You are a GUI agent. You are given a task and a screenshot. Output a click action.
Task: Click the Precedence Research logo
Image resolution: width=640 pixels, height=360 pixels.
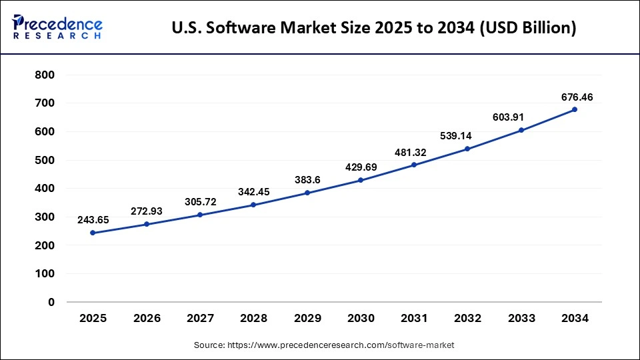(57, 27)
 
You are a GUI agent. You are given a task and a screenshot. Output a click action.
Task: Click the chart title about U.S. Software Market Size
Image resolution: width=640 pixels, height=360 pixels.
(374, 28)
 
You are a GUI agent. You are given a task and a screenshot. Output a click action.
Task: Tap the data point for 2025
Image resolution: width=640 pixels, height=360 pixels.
(93, 233)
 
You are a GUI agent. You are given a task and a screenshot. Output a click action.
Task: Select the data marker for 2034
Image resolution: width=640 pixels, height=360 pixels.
(575, 109)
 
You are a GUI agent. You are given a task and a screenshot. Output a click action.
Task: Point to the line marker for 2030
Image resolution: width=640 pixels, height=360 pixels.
(360, 180)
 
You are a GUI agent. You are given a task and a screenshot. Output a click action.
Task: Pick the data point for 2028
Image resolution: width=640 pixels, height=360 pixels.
(253, 205)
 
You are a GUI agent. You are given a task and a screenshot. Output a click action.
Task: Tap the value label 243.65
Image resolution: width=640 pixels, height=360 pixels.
(93, 219)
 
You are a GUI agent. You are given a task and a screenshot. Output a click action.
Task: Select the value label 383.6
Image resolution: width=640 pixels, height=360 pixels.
(307, 180)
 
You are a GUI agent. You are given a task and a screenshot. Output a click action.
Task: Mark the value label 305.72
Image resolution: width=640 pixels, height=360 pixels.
(200, 201)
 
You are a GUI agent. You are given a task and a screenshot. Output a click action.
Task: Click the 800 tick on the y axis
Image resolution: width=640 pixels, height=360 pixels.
(45, 75)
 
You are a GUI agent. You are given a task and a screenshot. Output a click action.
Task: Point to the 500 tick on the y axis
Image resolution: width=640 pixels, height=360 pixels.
(45, 160)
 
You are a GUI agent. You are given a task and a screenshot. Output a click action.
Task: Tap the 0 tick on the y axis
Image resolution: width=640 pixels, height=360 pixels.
(51, 302)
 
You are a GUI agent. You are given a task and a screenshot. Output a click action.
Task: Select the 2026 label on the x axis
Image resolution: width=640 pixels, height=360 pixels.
(147, 319)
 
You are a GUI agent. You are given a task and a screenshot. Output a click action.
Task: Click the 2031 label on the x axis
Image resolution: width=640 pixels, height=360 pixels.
(414, 319)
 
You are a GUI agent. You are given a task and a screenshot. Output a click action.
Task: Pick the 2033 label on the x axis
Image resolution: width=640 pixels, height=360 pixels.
(521, 319)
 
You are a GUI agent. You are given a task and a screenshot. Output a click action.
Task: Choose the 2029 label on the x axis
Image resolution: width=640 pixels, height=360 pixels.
(307, 319)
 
